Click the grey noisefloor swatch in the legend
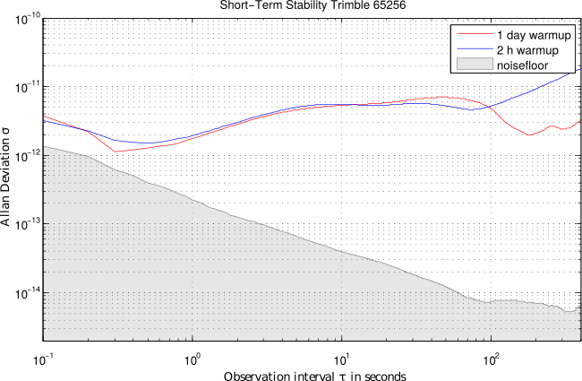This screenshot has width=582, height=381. coord(472,65)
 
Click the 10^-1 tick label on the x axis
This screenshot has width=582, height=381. coord(42,356)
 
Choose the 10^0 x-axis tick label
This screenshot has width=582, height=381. coord(192,356)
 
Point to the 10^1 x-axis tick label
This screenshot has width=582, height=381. coord(341,356)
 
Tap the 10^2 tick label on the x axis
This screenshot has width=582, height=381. coord(491,356)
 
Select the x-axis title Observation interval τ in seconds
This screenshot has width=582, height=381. coord(311,374)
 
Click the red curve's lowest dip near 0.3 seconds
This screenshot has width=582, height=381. coord(116,152)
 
